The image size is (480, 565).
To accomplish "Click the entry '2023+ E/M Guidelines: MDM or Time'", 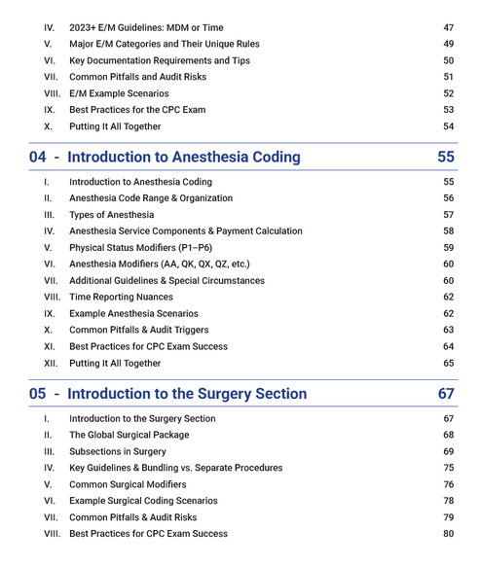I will (x=146, y=27).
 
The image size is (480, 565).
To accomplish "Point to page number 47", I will (x=448, y=27).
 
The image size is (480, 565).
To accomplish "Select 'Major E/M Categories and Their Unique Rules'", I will (x=165, y=44).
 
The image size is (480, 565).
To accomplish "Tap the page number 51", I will (x=448, y=77).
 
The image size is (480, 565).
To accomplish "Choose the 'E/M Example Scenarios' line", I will (x=119, y=93).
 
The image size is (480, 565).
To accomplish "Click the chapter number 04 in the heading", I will (x=38, y=157).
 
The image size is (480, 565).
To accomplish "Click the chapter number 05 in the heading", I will (x=38, y=394).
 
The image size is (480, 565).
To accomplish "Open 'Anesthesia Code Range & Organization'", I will (x=151, y=197).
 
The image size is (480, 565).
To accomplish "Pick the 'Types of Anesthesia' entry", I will (x=111, y=214).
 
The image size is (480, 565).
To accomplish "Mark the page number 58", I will (x=448, y=230).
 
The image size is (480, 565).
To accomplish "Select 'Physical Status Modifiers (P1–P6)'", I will (x=147, y=247).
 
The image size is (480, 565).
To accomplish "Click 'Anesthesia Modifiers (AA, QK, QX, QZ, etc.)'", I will (x=160, y=264).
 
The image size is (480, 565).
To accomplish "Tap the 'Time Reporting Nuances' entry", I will (x=121, y=297).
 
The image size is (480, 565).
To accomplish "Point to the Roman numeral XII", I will (x=50, y=363).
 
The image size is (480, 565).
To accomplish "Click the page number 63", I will (x=448, y=330).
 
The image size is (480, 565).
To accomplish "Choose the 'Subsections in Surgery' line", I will (x=117, y=451).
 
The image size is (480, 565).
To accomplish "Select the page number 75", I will (x=448, y=468).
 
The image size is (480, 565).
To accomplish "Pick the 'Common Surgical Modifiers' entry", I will (x=128, y=484).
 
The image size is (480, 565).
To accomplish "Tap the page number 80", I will (x=448, y=533).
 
